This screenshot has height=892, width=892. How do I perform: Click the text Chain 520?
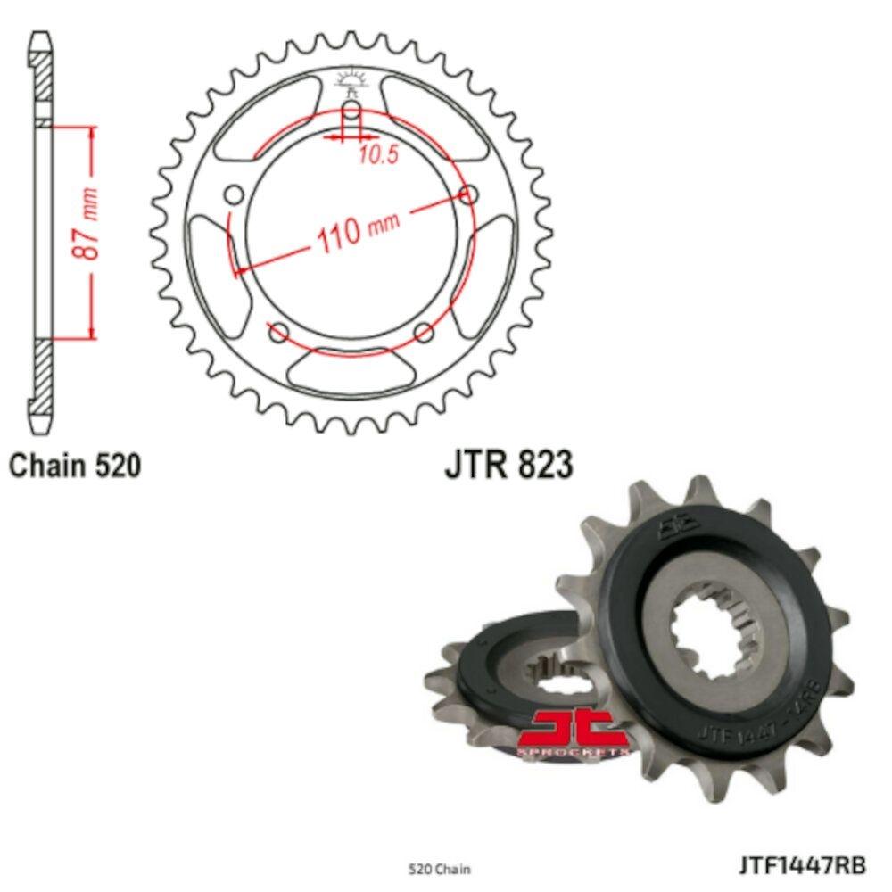point(75,465)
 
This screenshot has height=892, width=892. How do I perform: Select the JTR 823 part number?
point(508,465)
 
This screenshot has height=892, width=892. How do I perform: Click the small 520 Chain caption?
point(438,868)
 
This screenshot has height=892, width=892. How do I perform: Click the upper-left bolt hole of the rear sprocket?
point(235,195)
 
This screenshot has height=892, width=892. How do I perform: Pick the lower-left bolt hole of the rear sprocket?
point(279,333)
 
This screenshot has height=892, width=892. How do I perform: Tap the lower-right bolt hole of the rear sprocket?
point(424,333)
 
